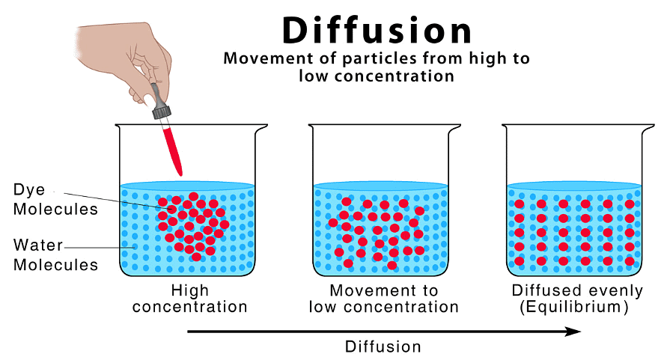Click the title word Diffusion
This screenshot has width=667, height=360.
click(377, 31)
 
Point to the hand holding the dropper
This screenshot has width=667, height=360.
click(120, 52)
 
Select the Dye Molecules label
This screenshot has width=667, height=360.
click(55, 200)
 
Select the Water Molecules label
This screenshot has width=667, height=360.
click(55, 254)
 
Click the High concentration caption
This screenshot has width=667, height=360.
click(189, 299)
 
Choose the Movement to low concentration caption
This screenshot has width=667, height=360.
click(383, 299)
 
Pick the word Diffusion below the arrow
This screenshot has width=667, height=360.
click(383, 347)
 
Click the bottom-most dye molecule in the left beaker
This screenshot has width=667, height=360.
click(196, 257)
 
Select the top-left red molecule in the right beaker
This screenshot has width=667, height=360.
click(519, 204)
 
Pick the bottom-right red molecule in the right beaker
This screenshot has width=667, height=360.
click(630, 261)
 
